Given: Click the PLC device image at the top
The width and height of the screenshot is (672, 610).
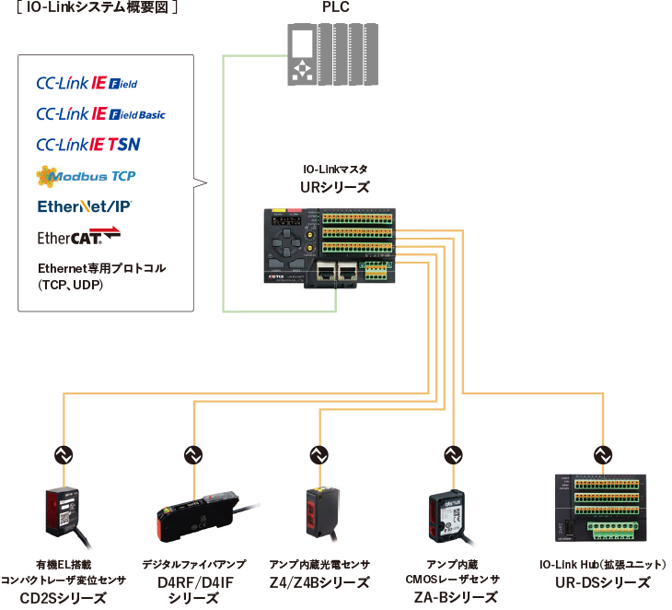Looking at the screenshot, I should [332, 54].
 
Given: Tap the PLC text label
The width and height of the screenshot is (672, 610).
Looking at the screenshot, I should [334, 8].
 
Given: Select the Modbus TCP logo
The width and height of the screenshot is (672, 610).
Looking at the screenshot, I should [87, 175].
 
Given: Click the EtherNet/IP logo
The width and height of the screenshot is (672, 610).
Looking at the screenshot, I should [85, 205].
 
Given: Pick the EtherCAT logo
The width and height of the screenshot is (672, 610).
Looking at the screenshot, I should [79, 237].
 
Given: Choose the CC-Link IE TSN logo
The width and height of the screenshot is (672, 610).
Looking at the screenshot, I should [88, 145].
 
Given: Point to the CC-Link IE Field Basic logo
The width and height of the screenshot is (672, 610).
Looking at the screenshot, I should [100, 114].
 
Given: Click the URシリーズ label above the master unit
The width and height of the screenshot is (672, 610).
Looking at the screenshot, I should [334, 186].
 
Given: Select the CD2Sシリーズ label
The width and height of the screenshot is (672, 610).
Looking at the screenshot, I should [64, 598].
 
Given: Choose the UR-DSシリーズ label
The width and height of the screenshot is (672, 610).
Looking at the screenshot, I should [603, 582].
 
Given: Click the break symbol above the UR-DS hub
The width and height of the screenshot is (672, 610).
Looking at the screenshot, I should [603, 453].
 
